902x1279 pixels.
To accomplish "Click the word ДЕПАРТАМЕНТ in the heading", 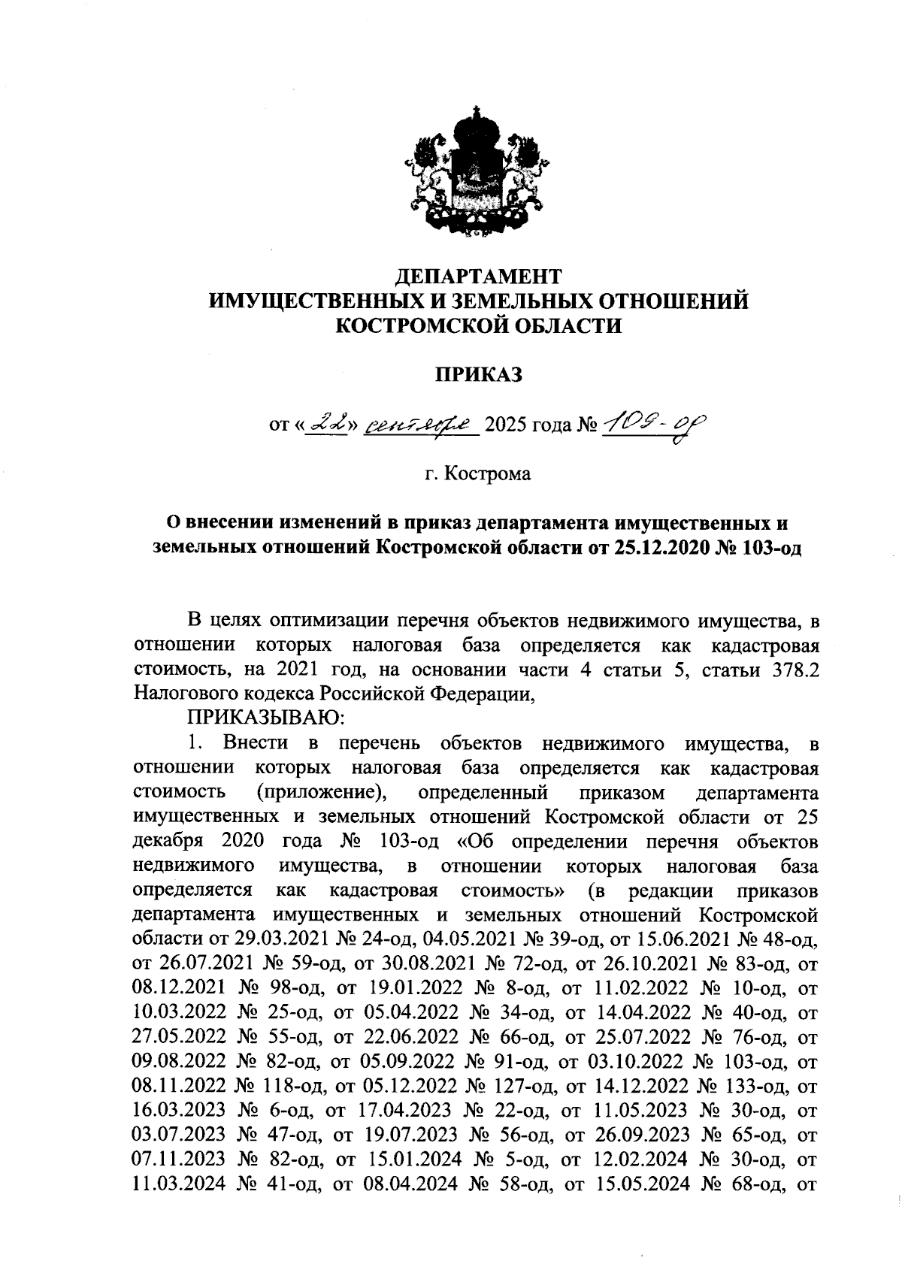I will pyautogui.click(x=479, y=277).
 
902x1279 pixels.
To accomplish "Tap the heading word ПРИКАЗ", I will pyautogui.click(x=479, y=376).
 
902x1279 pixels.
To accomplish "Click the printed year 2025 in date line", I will pyautogui.click(x=507, y=427).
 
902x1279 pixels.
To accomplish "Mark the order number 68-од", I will pyautogui.click(x=757, y=1184).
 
